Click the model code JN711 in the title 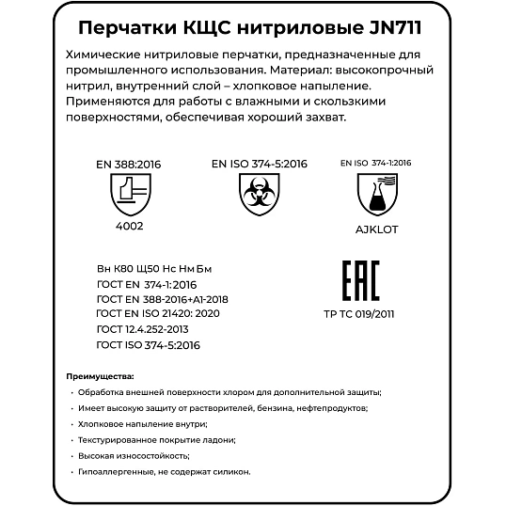click(x=388, y=25)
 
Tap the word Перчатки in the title click(x=118, y=25)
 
